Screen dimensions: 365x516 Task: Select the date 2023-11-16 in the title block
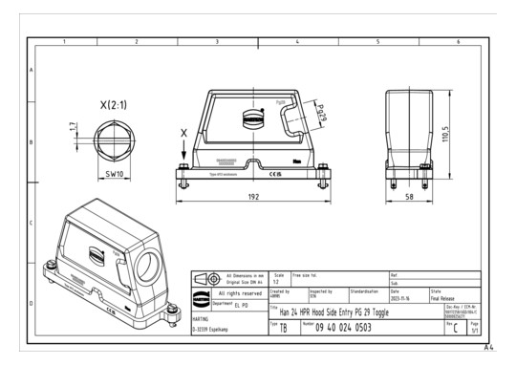pyautogui.click(x=405, y=298)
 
